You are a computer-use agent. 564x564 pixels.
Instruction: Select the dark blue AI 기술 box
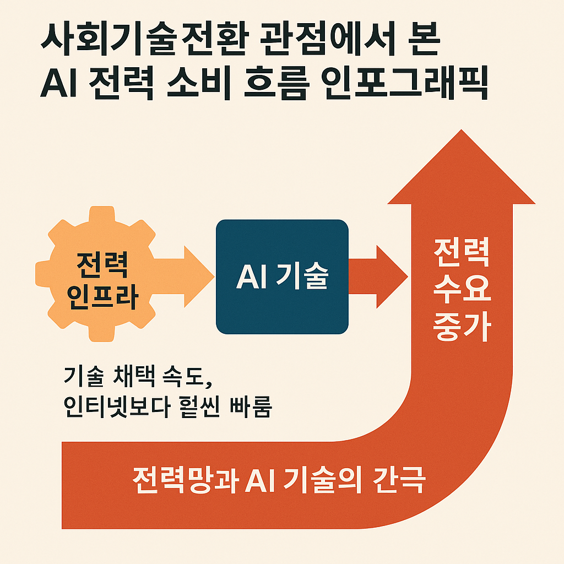tap(281, 276)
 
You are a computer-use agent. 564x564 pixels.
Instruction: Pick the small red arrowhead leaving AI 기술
tap(388, 276)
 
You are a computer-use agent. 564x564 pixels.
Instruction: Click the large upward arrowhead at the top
tap(462, 171)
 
